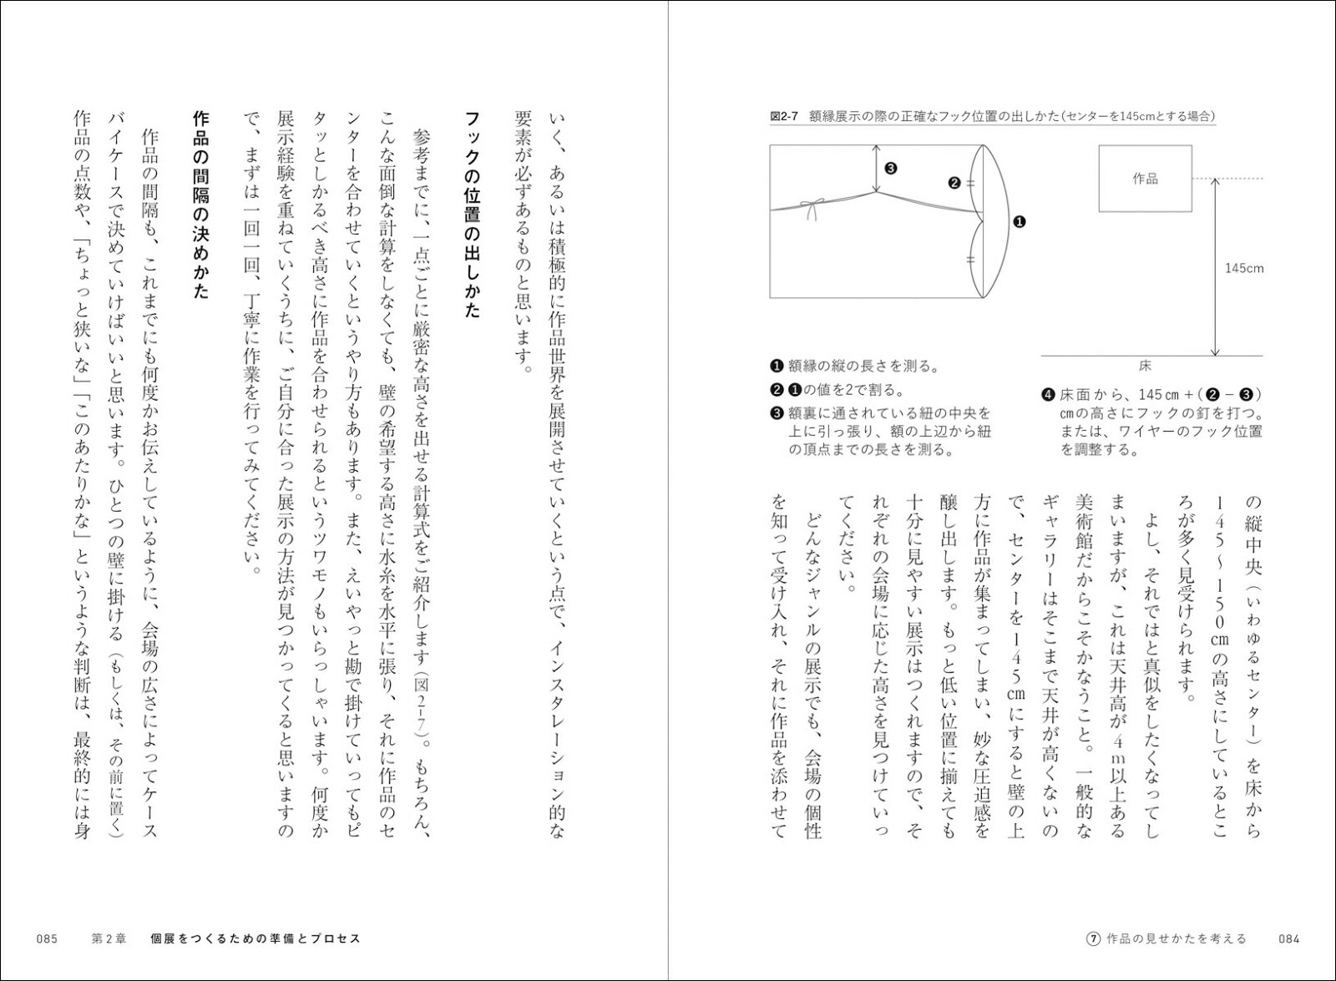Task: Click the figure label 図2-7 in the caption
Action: pyautogui.click(x=785, y=117)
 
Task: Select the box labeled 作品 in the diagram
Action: pyautogui.click(x=1145, y=179)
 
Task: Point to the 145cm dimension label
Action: pyautogui.click(x=1243, y=268)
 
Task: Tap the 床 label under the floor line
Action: pyautogui.click(x=1145, y=366)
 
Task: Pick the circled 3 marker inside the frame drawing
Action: pyautogui.click(x=891, y=168)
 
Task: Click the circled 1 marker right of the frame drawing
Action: pyautogui.click(x=1020, y=221)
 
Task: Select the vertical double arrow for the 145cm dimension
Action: pyautogui.click(x=1214, y=268)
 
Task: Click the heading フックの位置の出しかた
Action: pyautogui.click(x=473, y=213)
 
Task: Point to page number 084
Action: pyautogui.click(x=1289, y=938)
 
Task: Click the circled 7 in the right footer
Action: pyautogui.click(x=1093, y=938)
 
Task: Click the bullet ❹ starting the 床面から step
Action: pyautogui.click(x=1047, y=394)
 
